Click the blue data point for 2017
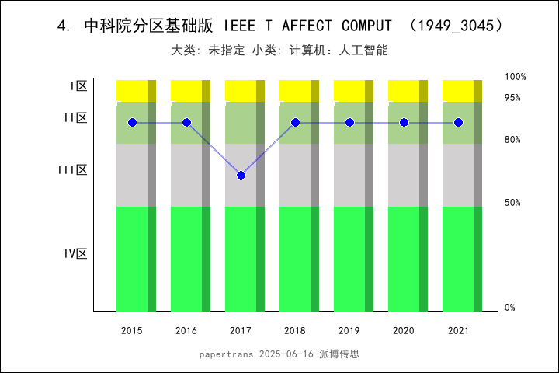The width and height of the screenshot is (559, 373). [x=241, y=176]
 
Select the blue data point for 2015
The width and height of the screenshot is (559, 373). [x=132, y=123]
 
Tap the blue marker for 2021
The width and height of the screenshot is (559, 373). [x=458, y=123]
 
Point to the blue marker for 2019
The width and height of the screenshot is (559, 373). [x=349, y=123]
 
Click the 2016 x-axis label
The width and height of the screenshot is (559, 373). [x=186, y=331]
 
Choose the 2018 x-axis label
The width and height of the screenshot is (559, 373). [x=295, y=331]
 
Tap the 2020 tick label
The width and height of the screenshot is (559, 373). [x=404, y=331]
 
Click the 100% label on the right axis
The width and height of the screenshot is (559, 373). [x=516, y=77]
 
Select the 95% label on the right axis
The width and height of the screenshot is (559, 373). [x=512, y=98]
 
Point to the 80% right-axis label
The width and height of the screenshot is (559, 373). [x=512, y=140]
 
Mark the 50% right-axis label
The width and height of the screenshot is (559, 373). [x=512, y=203]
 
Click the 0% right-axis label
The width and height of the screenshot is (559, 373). [x=510, y=308]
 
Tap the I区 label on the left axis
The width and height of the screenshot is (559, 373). [x=78, y=86]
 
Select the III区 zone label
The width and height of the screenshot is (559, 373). [x=73, y=169]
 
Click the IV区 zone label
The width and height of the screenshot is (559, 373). [x=76, y=253]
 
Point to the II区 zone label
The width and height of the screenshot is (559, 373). [x=75, y=118]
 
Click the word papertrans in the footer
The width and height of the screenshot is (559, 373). [x=224, y=354]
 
